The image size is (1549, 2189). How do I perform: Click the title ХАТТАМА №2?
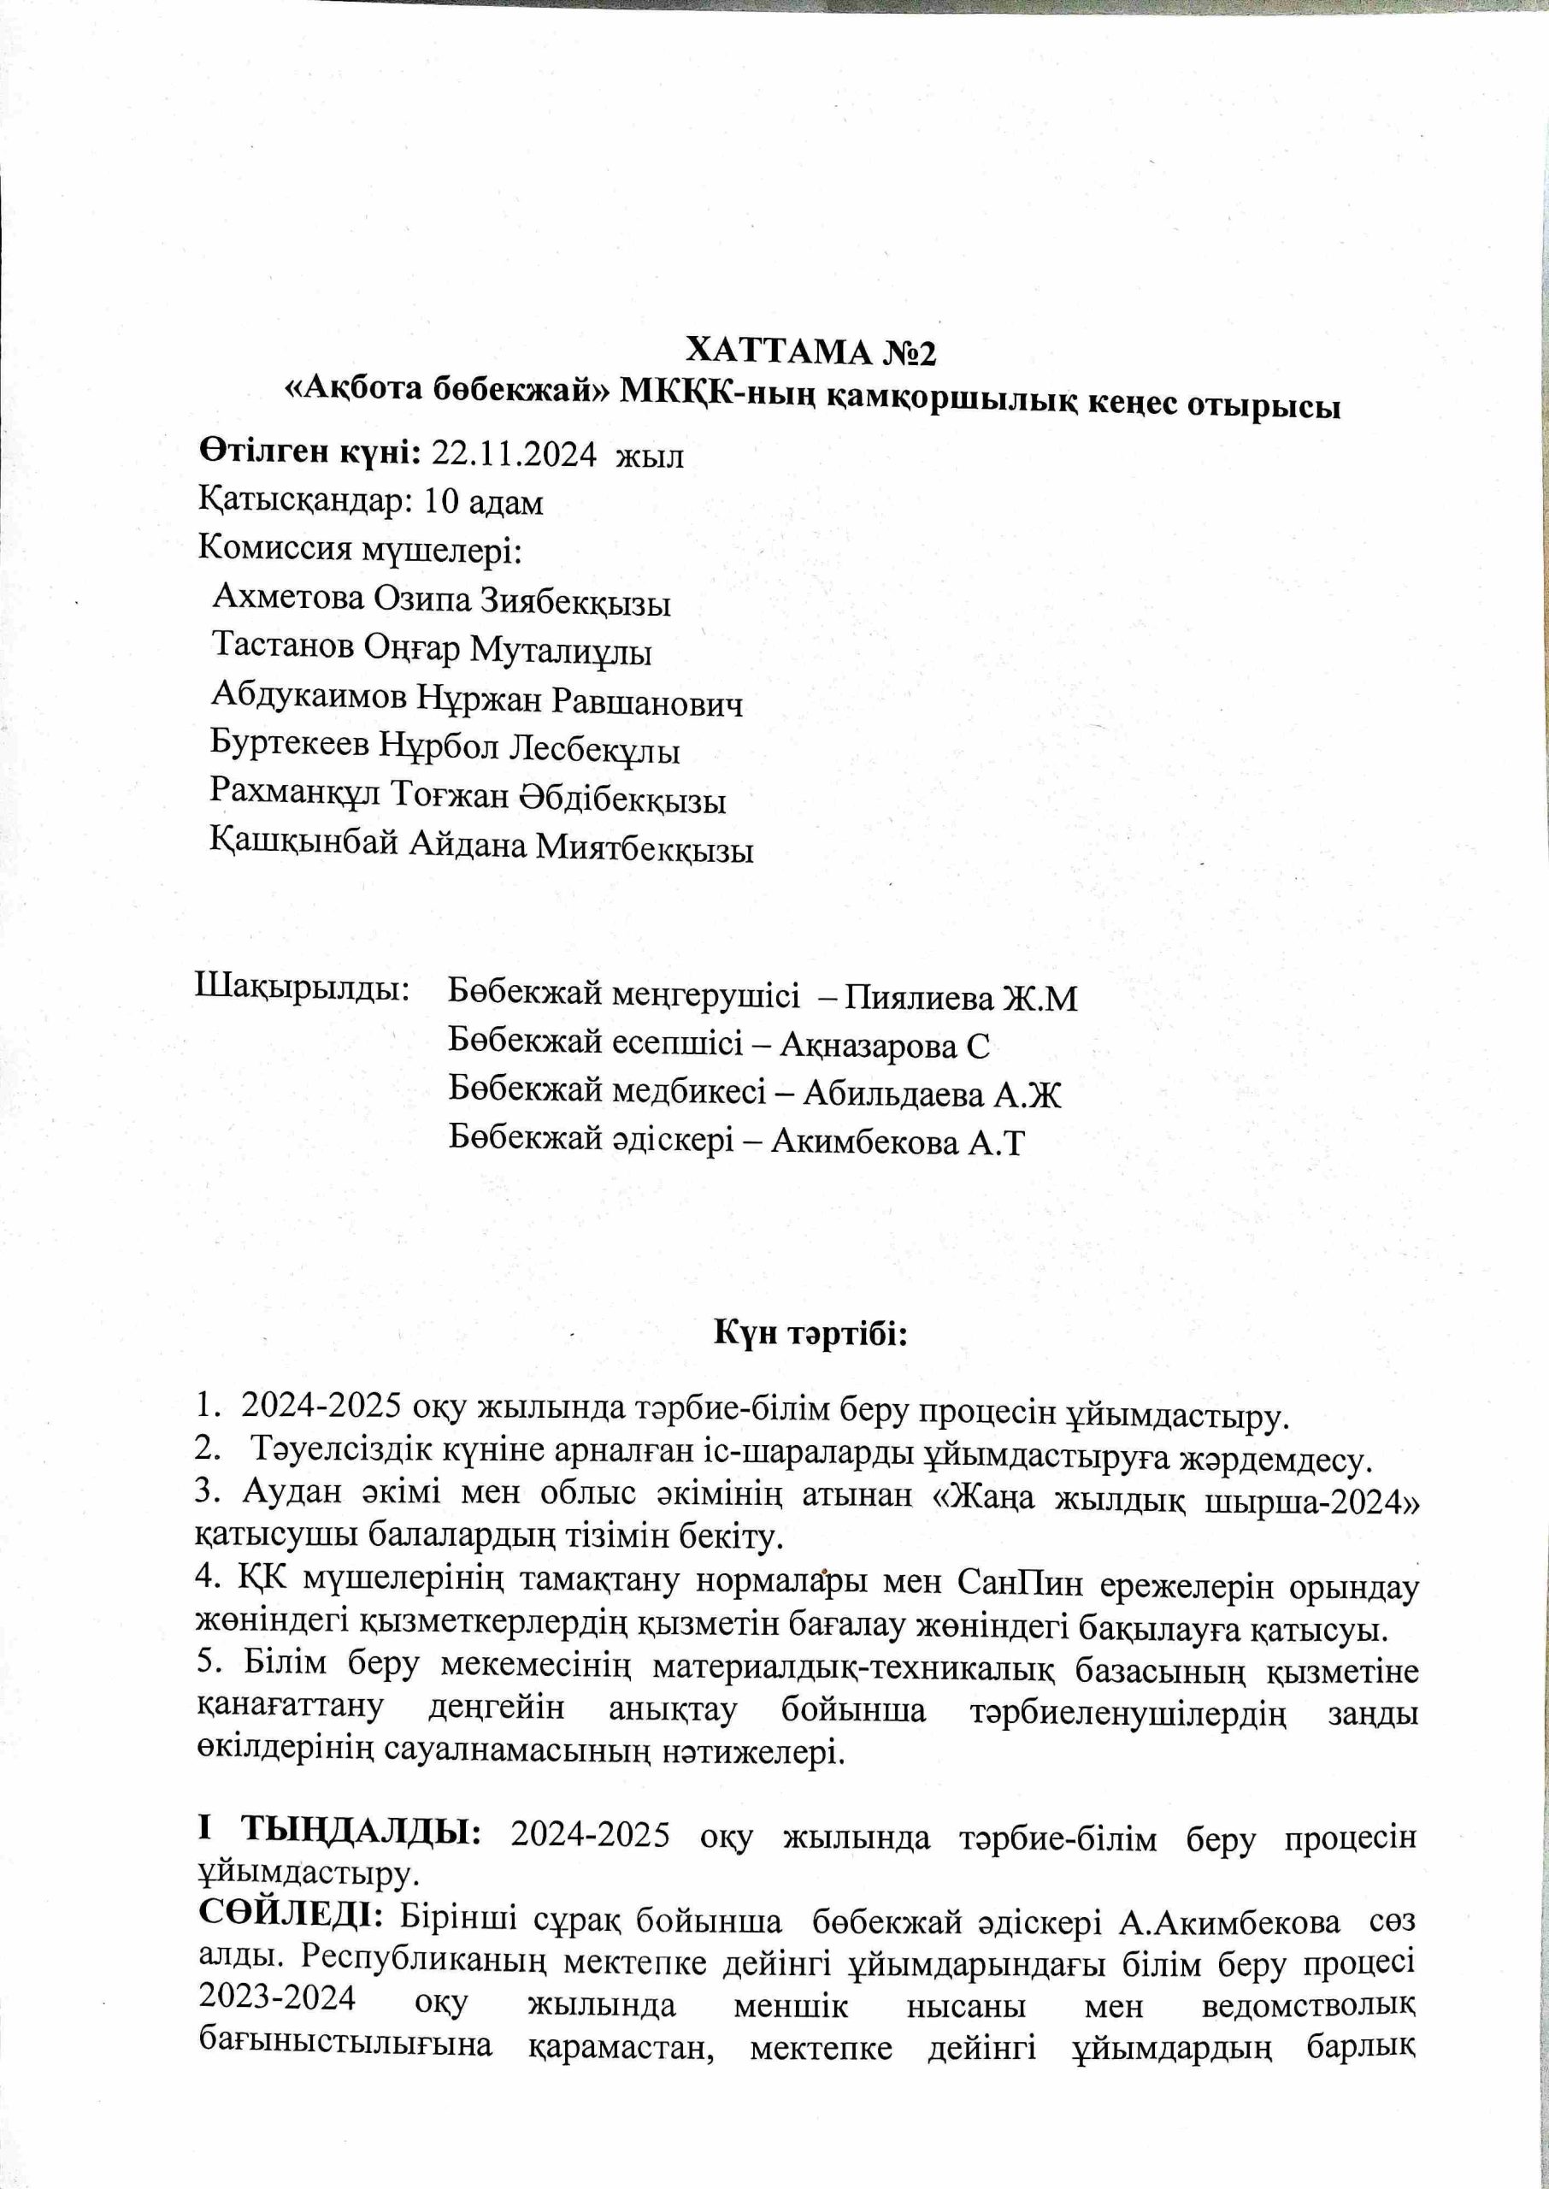[x=812, y=353]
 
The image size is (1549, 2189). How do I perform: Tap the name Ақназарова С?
[x=885, y=1047]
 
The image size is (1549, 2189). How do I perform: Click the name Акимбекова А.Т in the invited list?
[x=898, y=1142]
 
